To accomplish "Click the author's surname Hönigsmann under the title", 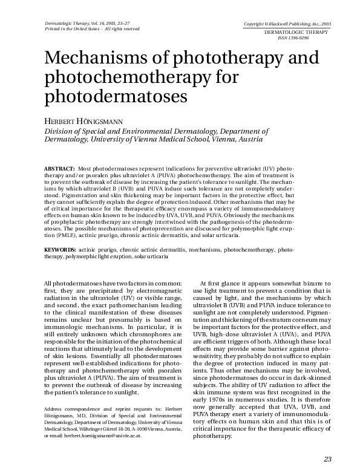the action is [x=117, y=120].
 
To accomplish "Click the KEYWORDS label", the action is [x=60, y=249].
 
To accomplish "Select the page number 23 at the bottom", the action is [x=328, y=458].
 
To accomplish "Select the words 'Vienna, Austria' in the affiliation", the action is [x=238, y=139].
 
